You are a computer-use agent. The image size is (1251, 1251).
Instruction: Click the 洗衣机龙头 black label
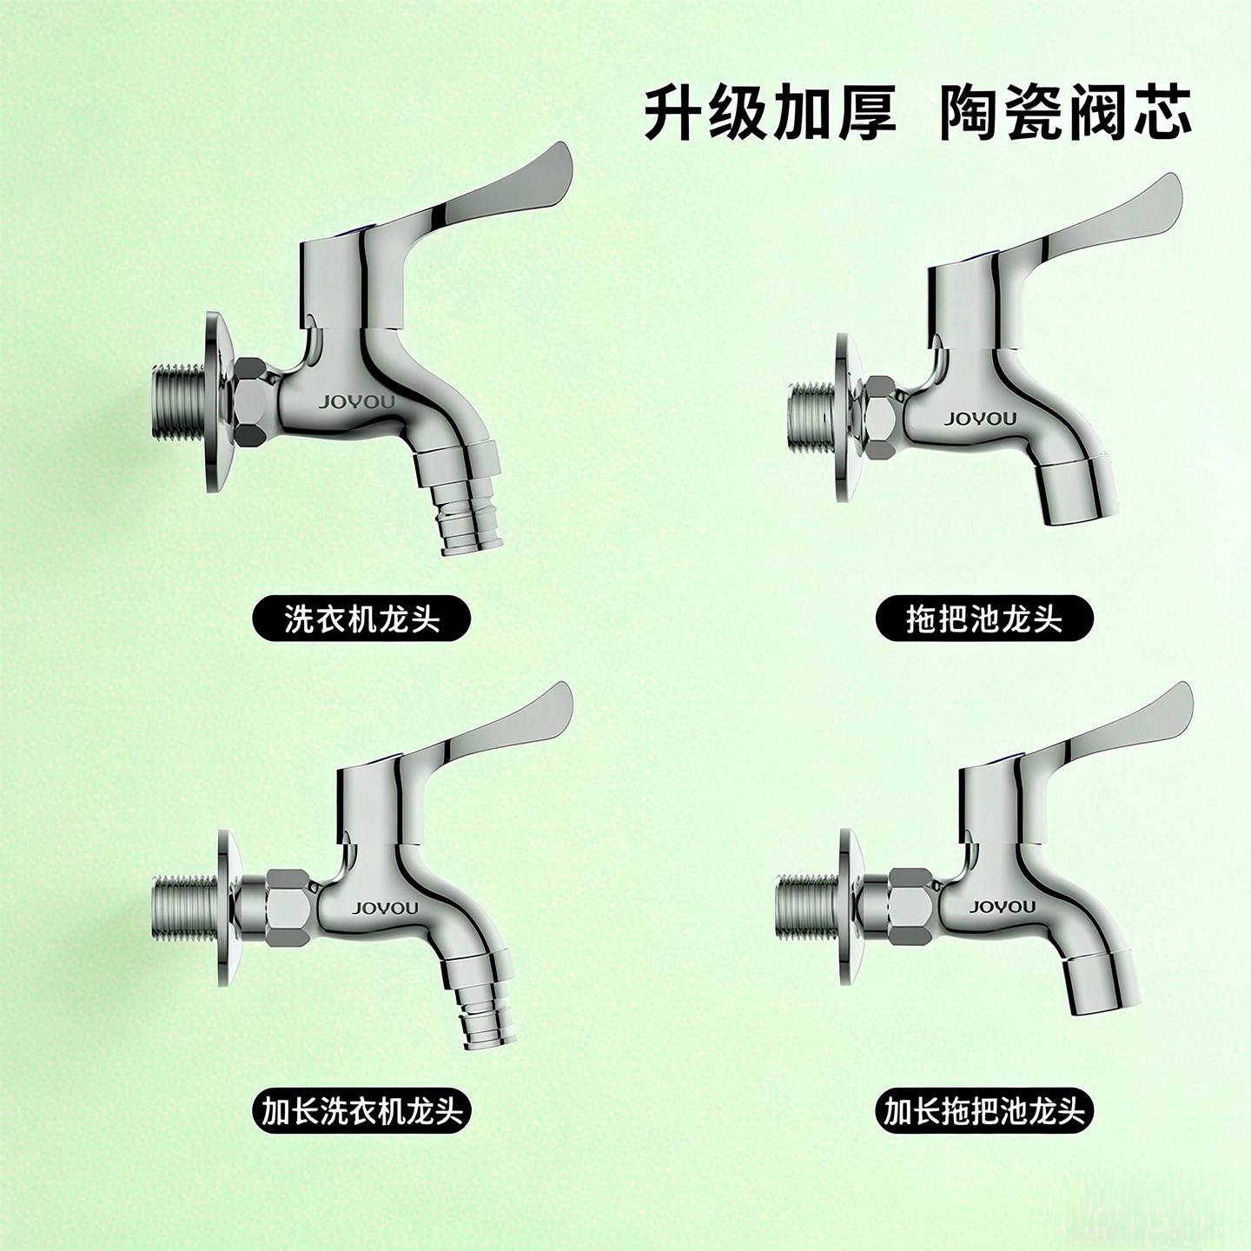361,619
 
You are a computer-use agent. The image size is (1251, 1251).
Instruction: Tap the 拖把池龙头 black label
983,619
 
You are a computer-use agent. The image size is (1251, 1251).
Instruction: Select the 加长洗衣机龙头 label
361,1110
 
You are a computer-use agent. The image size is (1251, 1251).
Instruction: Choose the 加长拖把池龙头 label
983,1110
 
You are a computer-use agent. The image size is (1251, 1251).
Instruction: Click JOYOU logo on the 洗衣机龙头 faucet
356,402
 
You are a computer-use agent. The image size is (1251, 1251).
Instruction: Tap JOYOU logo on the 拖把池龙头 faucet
980,420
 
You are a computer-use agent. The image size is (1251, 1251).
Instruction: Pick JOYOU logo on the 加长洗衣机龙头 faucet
385,909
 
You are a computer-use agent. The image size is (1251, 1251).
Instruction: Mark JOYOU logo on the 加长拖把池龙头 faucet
1003,907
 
